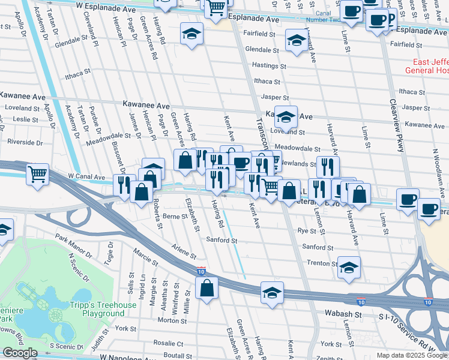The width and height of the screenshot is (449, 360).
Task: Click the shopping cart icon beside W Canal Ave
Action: tap(38, 175)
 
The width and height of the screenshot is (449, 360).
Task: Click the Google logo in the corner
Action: tap(20, 353)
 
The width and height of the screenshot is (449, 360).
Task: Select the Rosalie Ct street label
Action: tap(169, 344)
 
